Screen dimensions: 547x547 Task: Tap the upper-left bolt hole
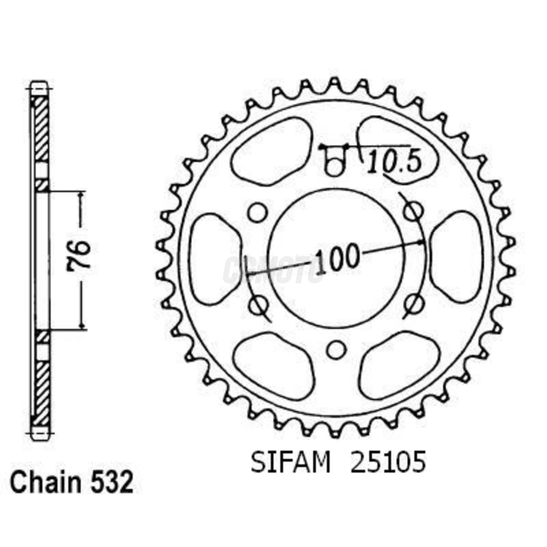(257, 212)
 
